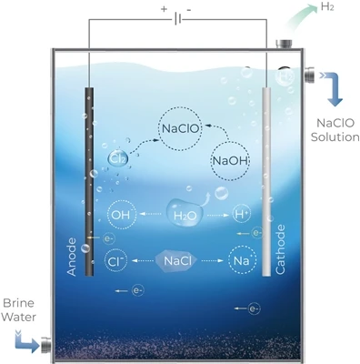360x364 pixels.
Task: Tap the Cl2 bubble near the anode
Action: pos(118,158)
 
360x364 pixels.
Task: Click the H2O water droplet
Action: pos(185,213)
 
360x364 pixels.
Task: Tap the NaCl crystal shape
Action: pos(177,261)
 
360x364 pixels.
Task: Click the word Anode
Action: pos(72,257)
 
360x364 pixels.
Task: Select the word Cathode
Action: pos(280,249)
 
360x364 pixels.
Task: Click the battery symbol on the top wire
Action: pos(178,20)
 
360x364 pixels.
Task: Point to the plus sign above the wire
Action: pos(164,9)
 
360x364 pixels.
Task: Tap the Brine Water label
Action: pos(18,309)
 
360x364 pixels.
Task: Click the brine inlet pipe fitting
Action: pos(45,346)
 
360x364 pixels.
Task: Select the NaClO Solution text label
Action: pos(335,130)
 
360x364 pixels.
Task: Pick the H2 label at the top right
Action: pos(327,7)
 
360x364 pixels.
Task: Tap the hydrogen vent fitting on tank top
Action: pos(284,44)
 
